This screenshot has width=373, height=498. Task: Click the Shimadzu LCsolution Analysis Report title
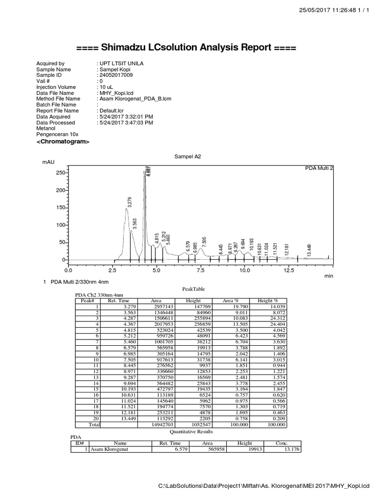point(186,48)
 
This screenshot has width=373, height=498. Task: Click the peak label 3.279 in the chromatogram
point(129,202)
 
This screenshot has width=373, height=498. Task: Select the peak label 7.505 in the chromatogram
point(204,242)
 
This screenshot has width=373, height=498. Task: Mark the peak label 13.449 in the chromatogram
point(309,250)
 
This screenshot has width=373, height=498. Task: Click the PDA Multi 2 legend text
point(319,167)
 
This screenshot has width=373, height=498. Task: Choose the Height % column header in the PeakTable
point(268,301)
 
